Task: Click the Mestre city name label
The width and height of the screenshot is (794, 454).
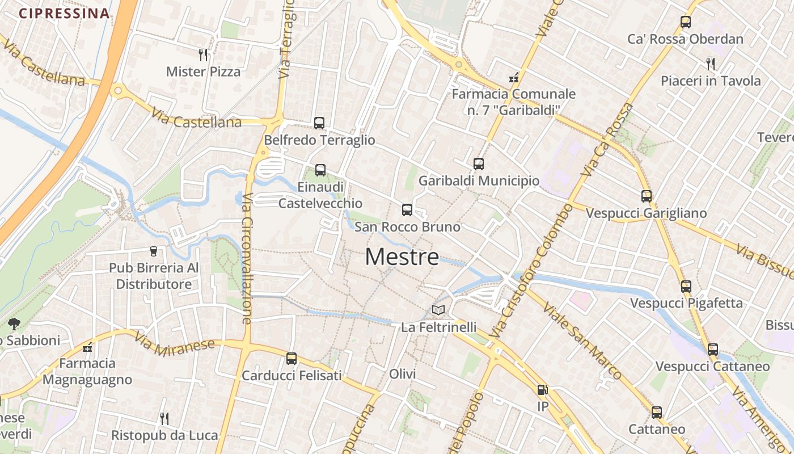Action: (402, 257)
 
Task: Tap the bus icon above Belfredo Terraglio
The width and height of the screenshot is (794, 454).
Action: (319, 123)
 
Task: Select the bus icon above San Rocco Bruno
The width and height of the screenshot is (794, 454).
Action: (407, 210)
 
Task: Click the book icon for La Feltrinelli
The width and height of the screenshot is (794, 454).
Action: (438, 310)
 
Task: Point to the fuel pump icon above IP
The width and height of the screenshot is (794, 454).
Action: (542, 390)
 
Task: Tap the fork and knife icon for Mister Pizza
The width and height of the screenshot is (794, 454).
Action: (203, 54)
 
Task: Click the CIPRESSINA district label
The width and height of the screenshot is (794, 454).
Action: (64, 14)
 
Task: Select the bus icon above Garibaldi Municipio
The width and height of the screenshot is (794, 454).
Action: (479, 164)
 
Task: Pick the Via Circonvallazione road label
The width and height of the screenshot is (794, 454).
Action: (247, 258)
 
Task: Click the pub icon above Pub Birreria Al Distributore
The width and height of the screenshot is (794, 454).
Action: (153, 251)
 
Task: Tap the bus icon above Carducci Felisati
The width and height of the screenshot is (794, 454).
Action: (292, 359)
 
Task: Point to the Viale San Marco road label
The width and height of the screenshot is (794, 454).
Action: (582, 340)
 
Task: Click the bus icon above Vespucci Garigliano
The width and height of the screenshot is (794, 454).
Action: (647, 196)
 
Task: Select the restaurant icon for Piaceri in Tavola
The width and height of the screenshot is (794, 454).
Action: (711, 63)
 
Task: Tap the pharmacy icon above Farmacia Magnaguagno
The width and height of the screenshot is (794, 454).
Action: (87, 347)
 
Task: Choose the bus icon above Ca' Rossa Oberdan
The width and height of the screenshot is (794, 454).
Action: (686, 22)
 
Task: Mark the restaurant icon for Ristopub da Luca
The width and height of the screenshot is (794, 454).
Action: (164, 418)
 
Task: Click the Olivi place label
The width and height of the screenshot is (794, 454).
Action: (403, 374)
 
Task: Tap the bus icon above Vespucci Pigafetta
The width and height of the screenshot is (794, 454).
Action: (686, 286)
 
